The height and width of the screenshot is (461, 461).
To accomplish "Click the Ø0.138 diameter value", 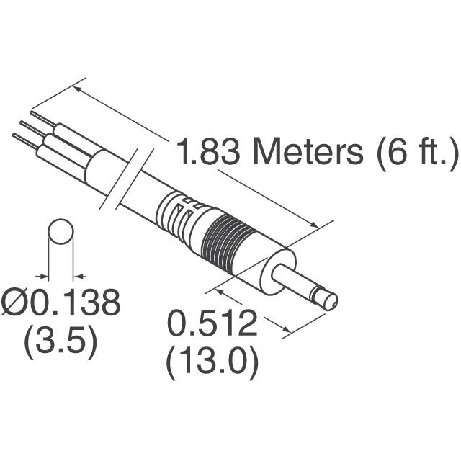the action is click(x=61, y=303).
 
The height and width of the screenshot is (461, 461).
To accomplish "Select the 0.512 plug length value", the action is click(x=212, y=323).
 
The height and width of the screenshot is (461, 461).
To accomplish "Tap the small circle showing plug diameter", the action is click(x=61, y=231).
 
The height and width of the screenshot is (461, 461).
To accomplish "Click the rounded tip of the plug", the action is click(x=331, y=302).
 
